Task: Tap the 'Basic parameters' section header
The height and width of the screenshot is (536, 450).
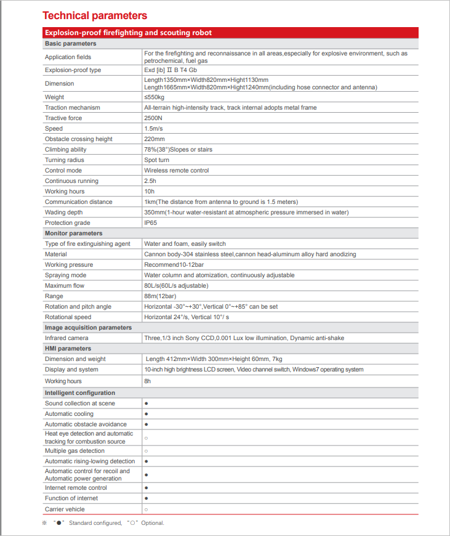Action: tap(70, 44)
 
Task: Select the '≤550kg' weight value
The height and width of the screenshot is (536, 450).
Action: tap(155, 97)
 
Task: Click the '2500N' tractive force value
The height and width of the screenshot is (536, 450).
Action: tap(154, 118)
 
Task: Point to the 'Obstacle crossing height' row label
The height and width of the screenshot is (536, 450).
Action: tap(79, 139)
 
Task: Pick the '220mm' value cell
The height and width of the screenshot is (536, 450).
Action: tap(154, 139)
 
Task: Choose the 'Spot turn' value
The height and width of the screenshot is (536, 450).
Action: tap(156, 160)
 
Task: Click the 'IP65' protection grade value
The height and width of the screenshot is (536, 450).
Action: tap(151, 223)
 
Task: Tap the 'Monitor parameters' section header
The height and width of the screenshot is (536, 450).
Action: tap(73, 233)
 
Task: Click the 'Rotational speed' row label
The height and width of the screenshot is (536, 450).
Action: tap(68, 317)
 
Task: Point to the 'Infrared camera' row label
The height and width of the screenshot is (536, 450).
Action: tap(66, 338)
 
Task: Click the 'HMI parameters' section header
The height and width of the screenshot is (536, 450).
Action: tap(68, 349)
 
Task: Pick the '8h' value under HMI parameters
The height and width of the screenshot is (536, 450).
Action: tap(148, 381)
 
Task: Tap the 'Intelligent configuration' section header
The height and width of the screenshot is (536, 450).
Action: tap(80, 392)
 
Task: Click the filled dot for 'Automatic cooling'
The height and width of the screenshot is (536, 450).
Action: tap(146, 414)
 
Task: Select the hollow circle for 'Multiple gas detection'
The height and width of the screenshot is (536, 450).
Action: tap(146, 451)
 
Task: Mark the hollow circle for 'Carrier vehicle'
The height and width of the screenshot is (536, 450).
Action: tap(146, 510)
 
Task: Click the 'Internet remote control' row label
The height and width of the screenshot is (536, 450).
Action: tap(76, 488)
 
